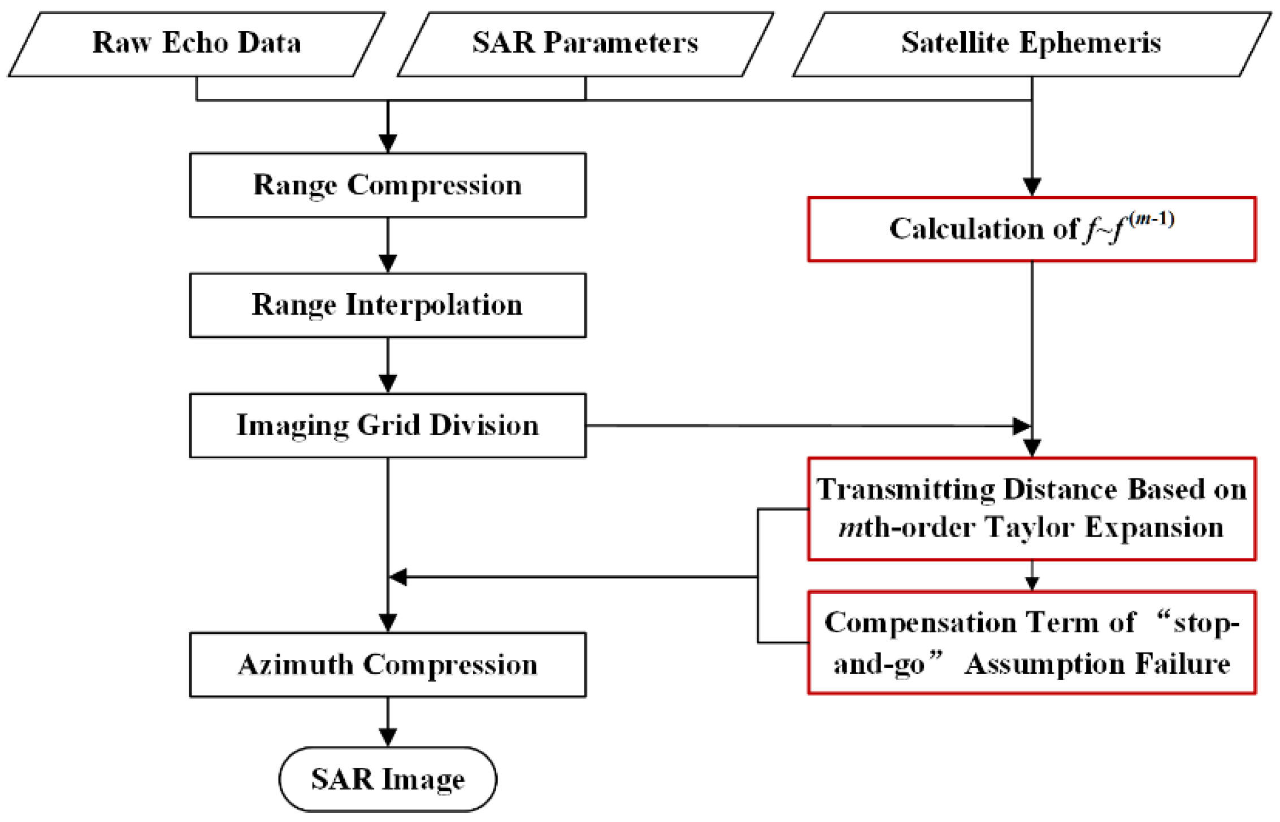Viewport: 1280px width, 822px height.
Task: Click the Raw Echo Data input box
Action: pyautogui.click(x=196, y=44)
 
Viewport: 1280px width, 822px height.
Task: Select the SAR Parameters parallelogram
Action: pyautogui.click(x=585, y=44)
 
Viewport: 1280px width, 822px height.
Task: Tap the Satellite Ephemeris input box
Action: pyautogui.click(x=1031, y=44)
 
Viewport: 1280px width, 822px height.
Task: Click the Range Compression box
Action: pyautogui.click(x=388, y=185)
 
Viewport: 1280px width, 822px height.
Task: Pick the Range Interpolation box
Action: pyautogui.click(x=388, y=305)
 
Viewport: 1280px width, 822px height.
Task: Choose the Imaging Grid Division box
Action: pyautogui.click(x=388, y=425)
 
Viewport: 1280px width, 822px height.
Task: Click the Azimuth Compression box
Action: pyautogui.click(x=388, y=664)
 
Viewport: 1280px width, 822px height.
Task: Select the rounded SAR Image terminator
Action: pyautogui.click(x=388, y=779)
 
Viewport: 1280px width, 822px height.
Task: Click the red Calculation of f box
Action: pyautogui.click(x=1031, y=229)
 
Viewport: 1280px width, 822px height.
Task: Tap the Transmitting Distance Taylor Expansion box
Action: pyautogui.click(x=1031, y=508)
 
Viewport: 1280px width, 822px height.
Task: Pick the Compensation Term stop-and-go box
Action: pyautogui.click(x=1031, y=642)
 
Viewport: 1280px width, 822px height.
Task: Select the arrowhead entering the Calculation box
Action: pyautogui.click(x=1032, y=187)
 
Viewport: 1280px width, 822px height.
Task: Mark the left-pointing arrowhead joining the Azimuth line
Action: pyautogui.click(x=398, y=577)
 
